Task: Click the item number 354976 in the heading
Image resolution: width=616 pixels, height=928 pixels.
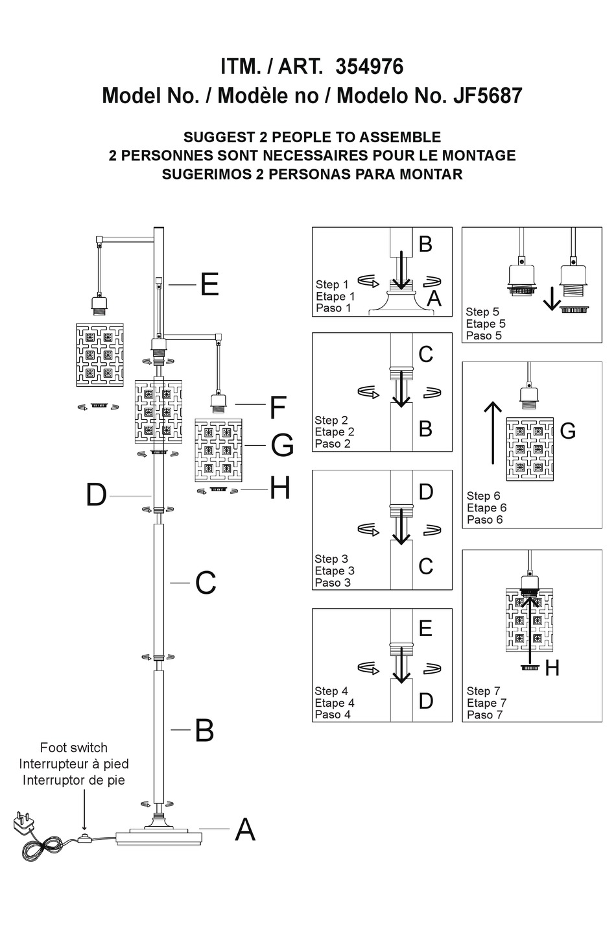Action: pos(369,67)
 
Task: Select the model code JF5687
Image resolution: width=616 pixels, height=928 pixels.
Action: pos(487,96)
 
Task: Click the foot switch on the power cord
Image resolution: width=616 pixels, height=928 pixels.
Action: pos(83,839)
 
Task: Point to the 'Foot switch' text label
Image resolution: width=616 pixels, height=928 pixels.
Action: pos(73,748)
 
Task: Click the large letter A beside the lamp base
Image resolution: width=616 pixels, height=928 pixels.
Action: pos(244,829)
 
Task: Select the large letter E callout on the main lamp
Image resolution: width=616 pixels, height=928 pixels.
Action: pos(209,285)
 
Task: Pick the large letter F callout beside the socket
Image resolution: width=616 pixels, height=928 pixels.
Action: pos(278,408)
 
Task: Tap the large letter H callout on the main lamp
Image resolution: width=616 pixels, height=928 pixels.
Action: pos(279,489)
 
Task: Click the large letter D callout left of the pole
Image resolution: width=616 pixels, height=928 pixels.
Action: pos(96,496)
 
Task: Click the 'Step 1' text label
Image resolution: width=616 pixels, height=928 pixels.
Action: pos(332,284)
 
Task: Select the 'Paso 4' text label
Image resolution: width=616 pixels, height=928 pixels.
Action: pos(333,714)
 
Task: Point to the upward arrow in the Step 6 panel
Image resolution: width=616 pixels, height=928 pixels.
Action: pos(493,433)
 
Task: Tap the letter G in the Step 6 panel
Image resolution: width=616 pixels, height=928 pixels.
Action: pos(567,431)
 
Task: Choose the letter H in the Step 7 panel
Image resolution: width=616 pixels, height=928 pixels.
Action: pos(552,668)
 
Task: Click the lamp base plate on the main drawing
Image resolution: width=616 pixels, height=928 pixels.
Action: pos(158,837)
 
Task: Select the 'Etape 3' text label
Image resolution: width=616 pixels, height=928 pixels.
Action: pos(335,570)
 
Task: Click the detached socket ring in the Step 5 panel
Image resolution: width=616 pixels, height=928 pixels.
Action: pos(574,309)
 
